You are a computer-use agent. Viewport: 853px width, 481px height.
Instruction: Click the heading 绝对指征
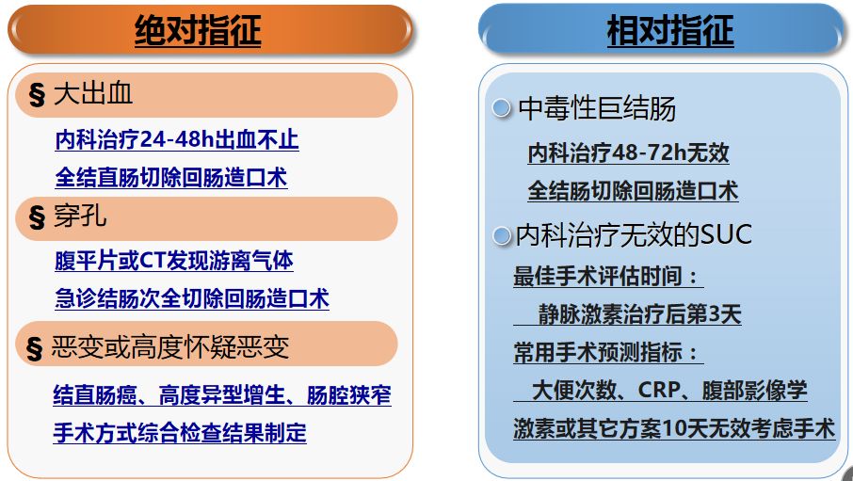tap(198, 31)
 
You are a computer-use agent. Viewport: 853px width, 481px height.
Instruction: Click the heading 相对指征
tap(669, 31)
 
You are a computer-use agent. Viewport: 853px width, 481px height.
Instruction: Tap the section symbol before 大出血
tap(38, 95)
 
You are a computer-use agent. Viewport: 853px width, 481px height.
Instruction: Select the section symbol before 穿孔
tap(38, 218)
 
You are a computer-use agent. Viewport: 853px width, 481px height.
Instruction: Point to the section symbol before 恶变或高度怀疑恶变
tap(38, 348)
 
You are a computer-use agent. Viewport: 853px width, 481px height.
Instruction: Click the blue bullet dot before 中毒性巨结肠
tap(502, 109)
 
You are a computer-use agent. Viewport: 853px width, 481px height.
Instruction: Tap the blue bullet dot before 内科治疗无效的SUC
tap(502, 235)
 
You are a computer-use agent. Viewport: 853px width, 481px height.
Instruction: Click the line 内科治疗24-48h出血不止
tap(177, 140)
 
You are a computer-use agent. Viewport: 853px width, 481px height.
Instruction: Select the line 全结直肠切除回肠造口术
tap(170, 177)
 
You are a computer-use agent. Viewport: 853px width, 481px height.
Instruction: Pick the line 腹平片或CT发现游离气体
tap(174, 261)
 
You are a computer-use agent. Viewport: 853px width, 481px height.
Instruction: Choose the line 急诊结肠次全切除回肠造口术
tap(192, 299)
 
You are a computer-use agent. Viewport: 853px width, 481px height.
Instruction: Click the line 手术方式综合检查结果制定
tap(180, 433)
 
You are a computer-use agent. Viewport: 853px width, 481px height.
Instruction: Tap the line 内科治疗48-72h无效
tap(628, 152)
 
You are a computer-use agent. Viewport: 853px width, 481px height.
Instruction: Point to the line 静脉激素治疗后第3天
tap(639, 314)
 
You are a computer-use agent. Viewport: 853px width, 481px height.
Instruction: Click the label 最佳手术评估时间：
tap(607, 277)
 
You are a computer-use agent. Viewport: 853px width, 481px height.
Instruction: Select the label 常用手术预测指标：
tap(607, 353)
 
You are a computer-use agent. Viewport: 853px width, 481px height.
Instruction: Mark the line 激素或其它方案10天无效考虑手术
tap(673, 428)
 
